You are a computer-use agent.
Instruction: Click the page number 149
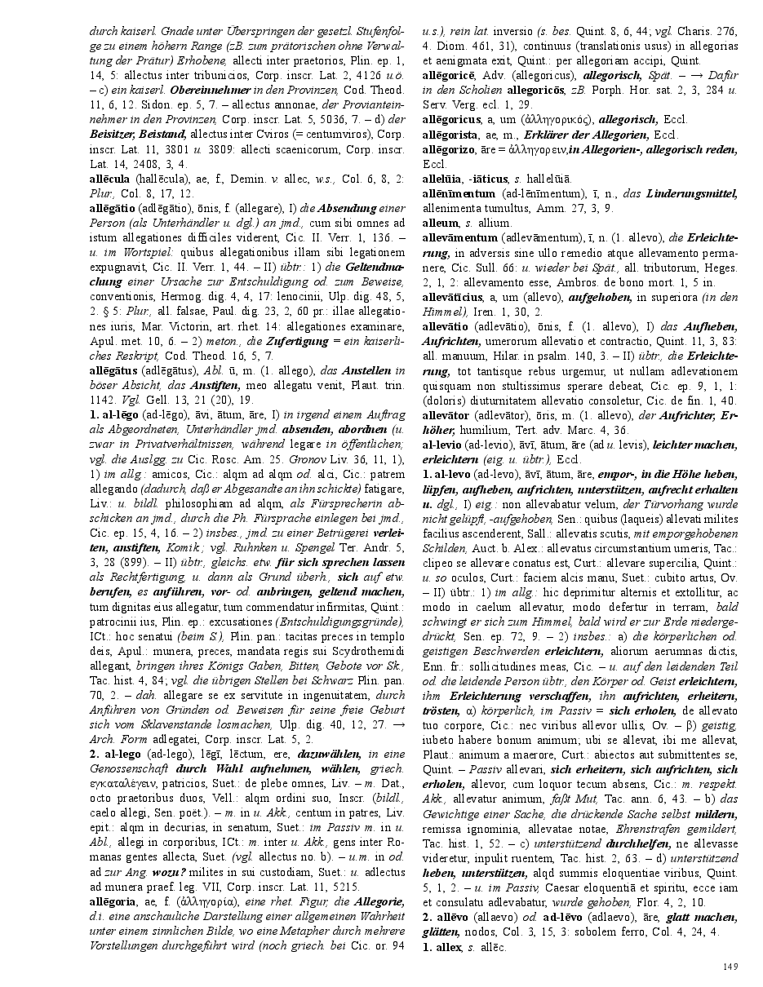(730, 967)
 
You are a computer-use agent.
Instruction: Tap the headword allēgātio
(112, 208)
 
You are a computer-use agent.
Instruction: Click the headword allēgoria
(113, 901)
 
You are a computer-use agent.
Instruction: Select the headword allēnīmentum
(458, 193)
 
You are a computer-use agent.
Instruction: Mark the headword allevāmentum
(459, 237)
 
